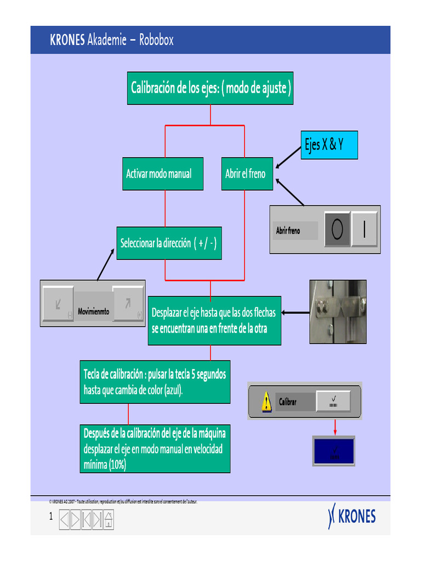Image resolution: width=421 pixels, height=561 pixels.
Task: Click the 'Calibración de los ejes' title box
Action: (x=210, y=88)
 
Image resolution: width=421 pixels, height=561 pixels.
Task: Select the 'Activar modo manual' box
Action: (x=163, y=174)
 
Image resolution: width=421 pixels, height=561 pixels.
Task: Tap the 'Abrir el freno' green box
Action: (x=247, y=174)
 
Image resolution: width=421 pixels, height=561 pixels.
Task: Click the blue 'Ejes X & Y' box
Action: (x=329, y=145)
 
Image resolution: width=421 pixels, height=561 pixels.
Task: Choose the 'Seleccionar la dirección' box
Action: (x=169, y=243)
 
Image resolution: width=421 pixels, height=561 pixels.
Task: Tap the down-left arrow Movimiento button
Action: (x=58, y=303)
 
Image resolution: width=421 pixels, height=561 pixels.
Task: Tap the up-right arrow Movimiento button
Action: (x=128, y=303)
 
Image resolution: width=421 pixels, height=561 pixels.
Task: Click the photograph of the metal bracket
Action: (x=338, y=312)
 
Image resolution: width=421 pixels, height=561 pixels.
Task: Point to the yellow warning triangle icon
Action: (x=266, y=402)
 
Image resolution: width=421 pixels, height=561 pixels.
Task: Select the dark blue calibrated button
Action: (x=334, y=451)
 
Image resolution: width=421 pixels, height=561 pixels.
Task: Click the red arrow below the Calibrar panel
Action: (x=334, y=427)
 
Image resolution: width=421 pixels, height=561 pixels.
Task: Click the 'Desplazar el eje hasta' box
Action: (x=214, y=320)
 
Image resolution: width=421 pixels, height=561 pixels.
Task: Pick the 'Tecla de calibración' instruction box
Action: (x=155, y=382)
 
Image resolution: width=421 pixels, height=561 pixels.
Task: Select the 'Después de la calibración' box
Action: (x=155, y=449)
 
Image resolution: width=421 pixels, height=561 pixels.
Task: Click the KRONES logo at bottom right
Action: (x=352, y=517)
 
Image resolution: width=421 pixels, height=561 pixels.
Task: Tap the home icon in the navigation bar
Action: (x=109, y=519)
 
